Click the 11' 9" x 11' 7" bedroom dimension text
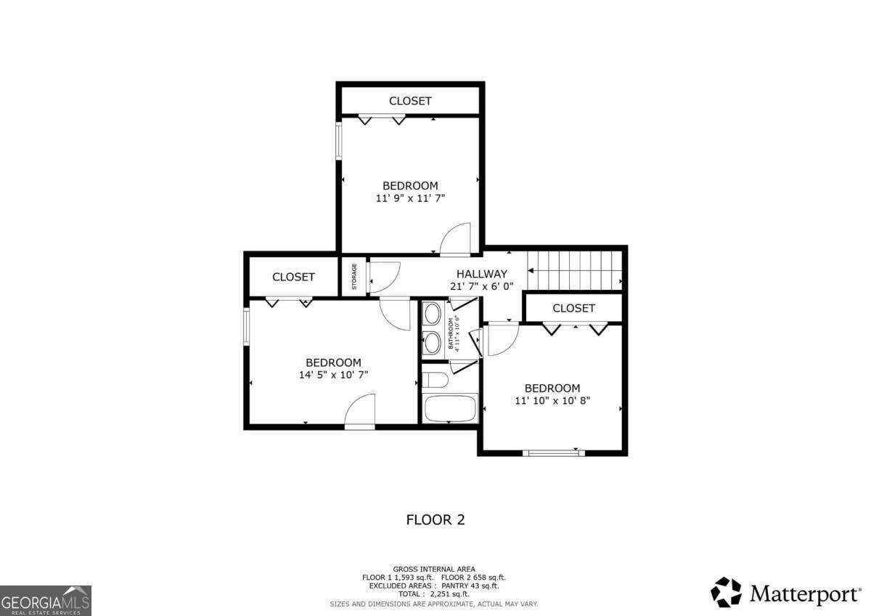[410, 198]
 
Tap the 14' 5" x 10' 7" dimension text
[332, 376]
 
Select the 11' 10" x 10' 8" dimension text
[552, 400]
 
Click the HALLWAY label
[481, 274]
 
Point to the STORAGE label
[354, 276]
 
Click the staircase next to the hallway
[575, 270]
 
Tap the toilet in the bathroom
[435, 380]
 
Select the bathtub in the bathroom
[450, 408]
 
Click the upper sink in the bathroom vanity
[432, 315]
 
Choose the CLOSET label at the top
[410, 101]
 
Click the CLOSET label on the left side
[293, 277]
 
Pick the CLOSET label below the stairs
[573, 308]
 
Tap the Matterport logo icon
[726, 592]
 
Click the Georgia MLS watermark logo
[46, 600]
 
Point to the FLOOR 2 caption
[435, 519]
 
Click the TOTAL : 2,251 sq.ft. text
[433, 594]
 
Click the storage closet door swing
[383, 277]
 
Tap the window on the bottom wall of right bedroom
[553, 453]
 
